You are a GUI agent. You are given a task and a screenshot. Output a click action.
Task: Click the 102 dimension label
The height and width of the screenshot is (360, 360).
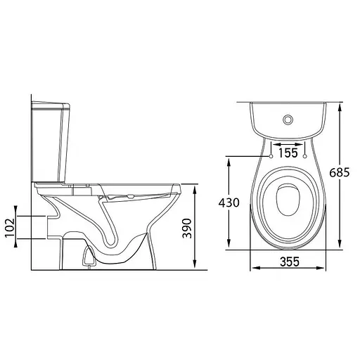[x=10, y=228]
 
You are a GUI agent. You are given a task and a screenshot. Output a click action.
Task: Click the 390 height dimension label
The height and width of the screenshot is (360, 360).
[x=187, y=229]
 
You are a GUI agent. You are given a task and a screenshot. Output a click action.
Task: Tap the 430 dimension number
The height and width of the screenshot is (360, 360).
[x=229, y=202]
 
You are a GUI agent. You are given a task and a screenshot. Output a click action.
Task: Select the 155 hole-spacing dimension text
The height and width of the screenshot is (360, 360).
[x=288, y=153]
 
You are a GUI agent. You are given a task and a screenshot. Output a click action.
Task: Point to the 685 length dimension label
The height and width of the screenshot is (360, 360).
[x=340, y=173]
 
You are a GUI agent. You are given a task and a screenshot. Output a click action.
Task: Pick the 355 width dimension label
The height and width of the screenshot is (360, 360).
[x=290, y=262]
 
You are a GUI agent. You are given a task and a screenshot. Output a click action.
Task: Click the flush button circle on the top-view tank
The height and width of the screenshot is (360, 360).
[x=288, y=120]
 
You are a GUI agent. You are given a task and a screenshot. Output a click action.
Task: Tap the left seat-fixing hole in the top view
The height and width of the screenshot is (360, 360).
[x=271, y=156]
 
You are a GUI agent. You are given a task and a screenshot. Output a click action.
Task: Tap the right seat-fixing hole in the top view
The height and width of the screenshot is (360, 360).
[x=305, y=156]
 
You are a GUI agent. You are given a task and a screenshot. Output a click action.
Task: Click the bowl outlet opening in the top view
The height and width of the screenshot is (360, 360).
[x=288, y=200]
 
